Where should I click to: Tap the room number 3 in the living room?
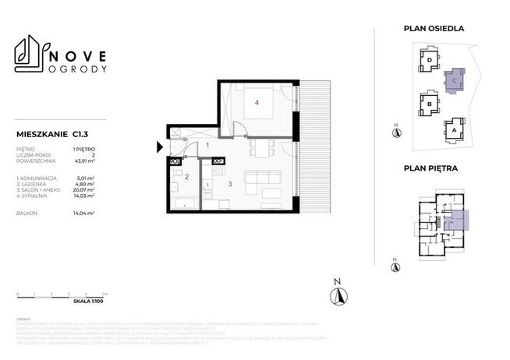[230, 184]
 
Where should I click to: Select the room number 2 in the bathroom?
[186, 177]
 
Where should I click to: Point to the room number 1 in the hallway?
[206, 145]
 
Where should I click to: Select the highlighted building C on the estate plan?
[454, 79]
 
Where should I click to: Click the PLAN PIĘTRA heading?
[430, 168]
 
